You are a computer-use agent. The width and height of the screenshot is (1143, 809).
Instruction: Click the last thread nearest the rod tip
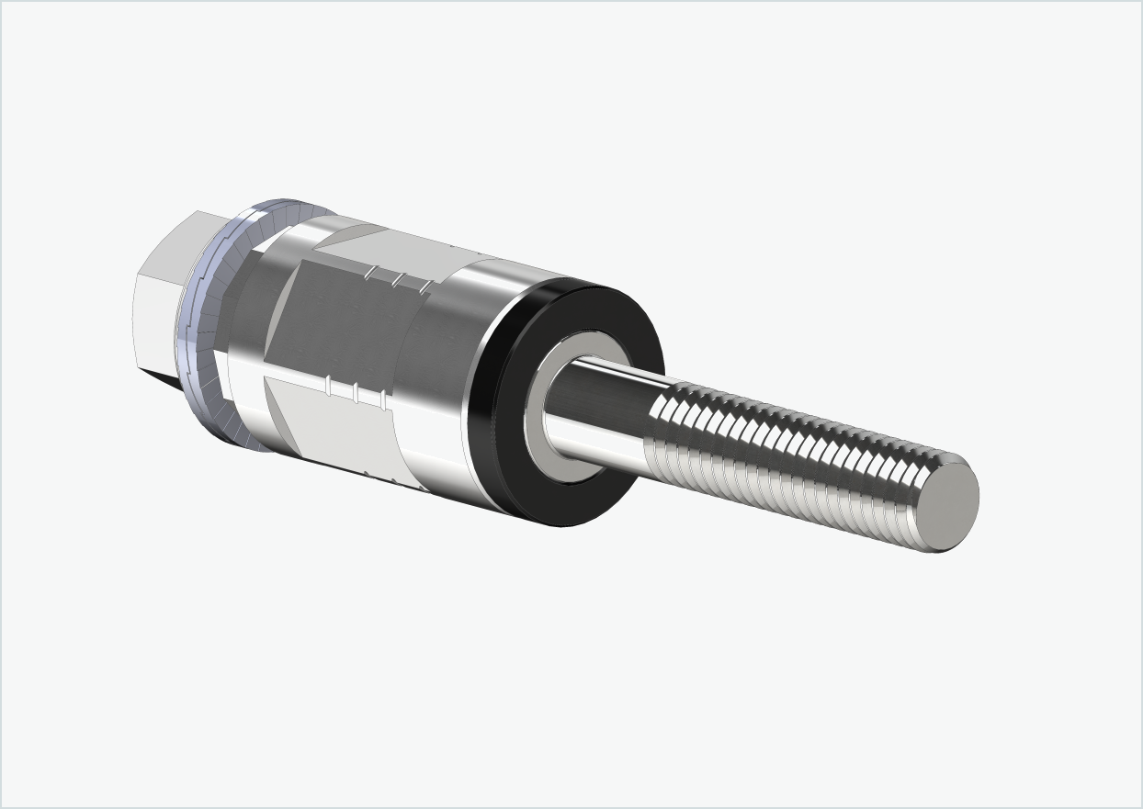pyautogui.click(x=919, y=500)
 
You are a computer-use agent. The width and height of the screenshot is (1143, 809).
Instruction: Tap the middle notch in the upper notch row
pyautogui.click(x=398, y=280)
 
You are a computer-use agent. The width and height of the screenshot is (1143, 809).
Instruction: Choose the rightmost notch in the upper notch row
pyautogui.click(x=425, y=287)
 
